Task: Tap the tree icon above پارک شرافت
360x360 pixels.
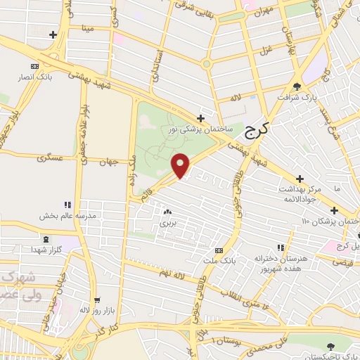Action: (298, 86)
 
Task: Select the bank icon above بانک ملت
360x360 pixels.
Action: (219, 250)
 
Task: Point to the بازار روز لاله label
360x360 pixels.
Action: (96, 309)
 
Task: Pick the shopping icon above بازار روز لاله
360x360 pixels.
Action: (97, 299)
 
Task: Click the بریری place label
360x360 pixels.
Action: (167, 223)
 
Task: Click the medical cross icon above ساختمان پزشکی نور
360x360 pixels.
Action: (201, 118)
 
